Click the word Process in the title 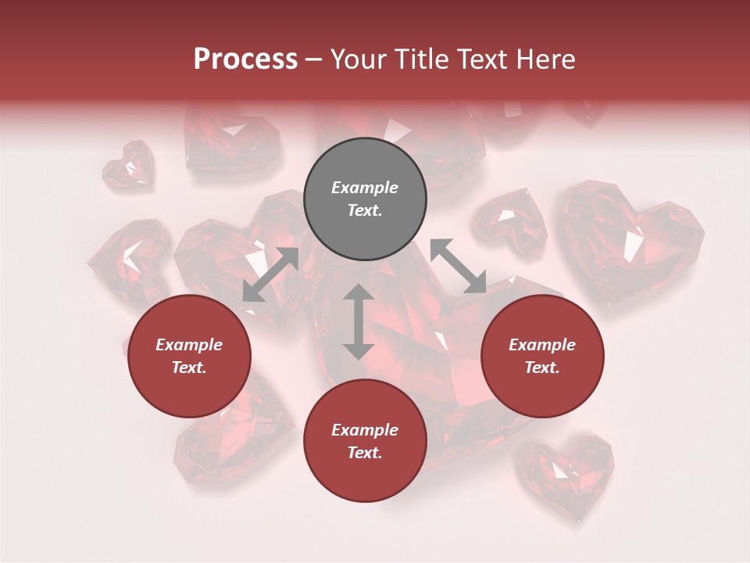(x=245, y=59)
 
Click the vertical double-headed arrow (x=359, y=321)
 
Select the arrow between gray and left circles (x=270, y=274)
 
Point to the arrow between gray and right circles (x=458, y=266)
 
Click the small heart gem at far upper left (x=129, y=164)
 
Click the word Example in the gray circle (x=365, y=188)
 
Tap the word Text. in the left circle (x=189, y=368)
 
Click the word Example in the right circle (x=542, y=345)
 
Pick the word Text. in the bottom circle (x=365, y=453)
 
